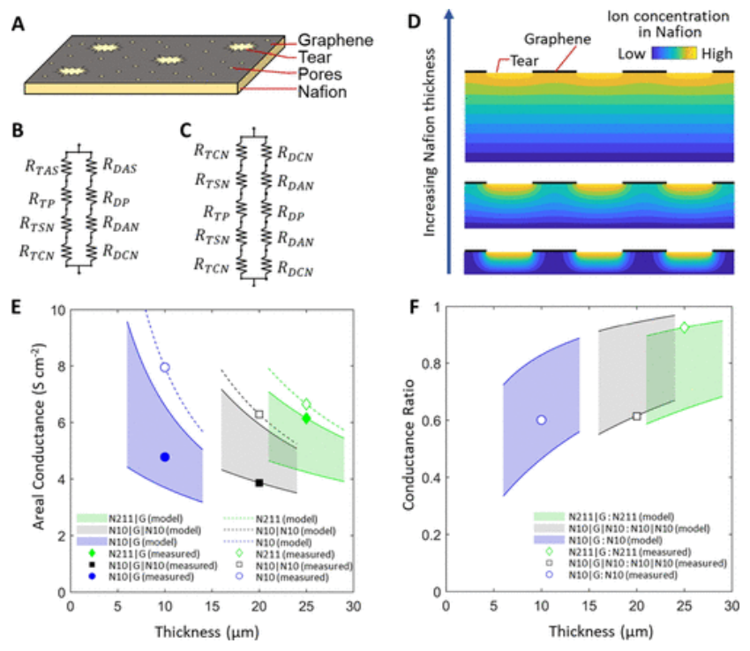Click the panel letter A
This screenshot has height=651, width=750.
click(x=17, y=26)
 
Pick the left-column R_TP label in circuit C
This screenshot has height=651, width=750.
click(x=215, y=212)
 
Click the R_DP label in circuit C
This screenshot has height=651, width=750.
click(x=292, y=212)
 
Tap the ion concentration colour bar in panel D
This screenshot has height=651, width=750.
click(x=675, y=54)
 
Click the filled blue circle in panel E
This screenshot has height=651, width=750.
click(x=164, y=457)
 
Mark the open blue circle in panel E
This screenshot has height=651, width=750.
click(x=164, y=367)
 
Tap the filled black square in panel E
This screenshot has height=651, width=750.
click(x=259, y=483)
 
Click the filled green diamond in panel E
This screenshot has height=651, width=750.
click(x=306, y=418)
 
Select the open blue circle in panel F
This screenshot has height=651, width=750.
click(x=541, y=421)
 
